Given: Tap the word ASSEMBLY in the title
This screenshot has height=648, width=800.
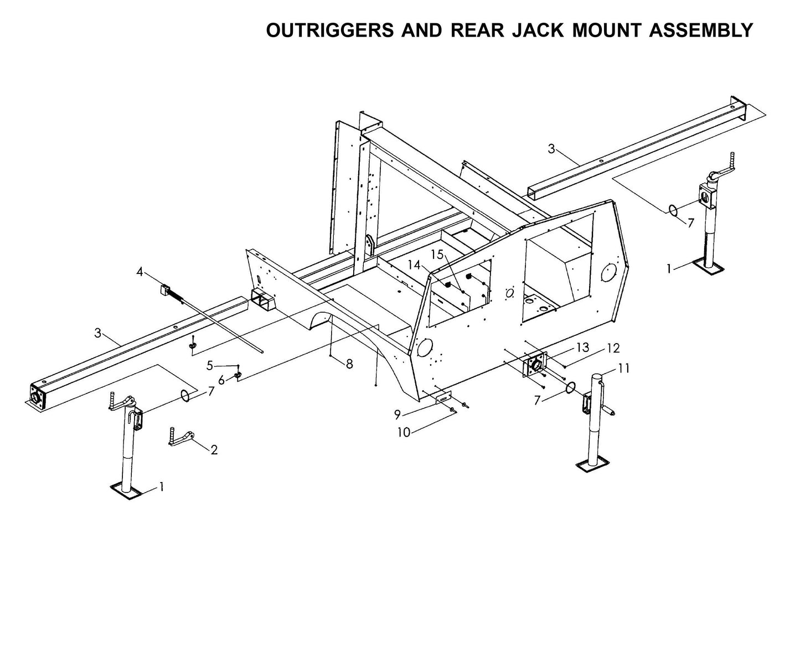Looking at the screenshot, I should (700, 30).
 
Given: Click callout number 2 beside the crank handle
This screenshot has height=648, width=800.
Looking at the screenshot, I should (214, 450).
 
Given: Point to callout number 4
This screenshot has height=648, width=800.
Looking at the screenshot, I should (140, 272).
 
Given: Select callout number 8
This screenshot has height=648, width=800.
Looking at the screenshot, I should (349, 364).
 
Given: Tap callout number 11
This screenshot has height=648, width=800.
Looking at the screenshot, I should (624, 368).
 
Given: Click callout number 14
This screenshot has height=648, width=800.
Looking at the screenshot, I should (414, 265).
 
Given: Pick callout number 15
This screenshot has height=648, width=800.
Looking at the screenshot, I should (437, 255).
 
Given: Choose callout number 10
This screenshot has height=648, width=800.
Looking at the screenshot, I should (404, 433).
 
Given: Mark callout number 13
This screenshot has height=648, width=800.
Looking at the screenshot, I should (582, 348).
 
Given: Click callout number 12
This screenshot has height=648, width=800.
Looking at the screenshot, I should (613, 348).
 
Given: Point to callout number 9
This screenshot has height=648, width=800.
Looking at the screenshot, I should (397, 414).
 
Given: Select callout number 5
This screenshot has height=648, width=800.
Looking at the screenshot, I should (210, 366).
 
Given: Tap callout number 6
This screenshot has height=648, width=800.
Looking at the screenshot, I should (221, 381).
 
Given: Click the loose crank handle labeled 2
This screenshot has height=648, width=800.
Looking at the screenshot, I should (180, 438).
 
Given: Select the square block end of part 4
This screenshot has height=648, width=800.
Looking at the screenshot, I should (164, 290).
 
